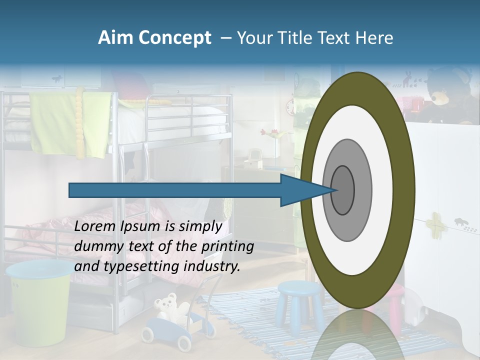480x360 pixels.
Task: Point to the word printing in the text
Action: tap(228, 246)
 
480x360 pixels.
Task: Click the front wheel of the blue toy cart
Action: tap(184, 342)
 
